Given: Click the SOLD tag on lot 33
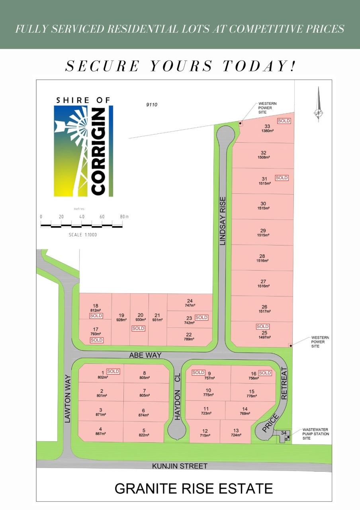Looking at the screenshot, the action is pyautogui.click(x=284, y=121).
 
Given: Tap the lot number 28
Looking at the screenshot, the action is pyautogui.click(x=262, y=256).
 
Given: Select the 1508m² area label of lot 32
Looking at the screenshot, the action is pyautogui.click(x=263, y=158).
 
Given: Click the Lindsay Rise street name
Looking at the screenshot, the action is pyautogui.click(x=223, y=221).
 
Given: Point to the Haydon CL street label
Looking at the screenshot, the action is pyautogui.click(x=178, y=396).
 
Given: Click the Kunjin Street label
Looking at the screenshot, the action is pyautogui.click(x=180, y=466).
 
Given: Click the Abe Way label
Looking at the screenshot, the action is pyautogui.click(x=145, y=355).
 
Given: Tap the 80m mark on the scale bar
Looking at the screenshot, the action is pyautogui.click(x=124, y=216).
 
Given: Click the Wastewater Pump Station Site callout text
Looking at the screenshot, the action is pyautogui.click(x=316, y=434).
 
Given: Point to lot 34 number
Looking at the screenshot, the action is pyautogui.click(x=284, y=433).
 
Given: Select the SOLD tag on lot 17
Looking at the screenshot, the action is pyautogui.click(x=96, y=340).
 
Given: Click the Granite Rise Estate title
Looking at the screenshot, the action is pyautogui.click(x=194, y=488).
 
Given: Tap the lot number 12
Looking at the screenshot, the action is pyautogui.click(x=205, y=431).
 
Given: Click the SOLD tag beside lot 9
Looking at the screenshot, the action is pyautogui.click(x=198, y=373).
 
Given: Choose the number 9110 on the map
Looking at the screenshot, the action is pyautogui.click(x=152, y=105).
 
